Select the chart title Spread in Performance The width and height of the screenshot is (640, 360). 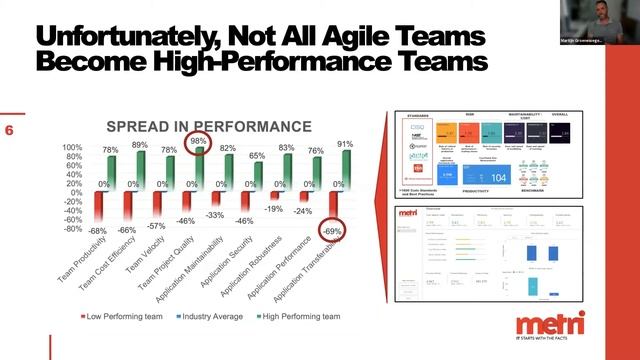tap(209, 127)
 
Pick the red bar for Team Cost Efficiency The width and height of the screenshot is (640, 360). tap(127, 205)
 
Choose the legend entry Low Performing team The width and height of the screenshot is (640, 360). tap(115, 316)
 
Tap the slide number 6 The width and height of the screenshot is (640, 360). tap(9, 130)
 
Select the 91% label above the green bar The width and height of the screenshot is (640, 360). tap(343, 144)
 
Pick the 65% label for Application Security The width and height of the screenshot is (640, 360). tap(256, 156)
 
